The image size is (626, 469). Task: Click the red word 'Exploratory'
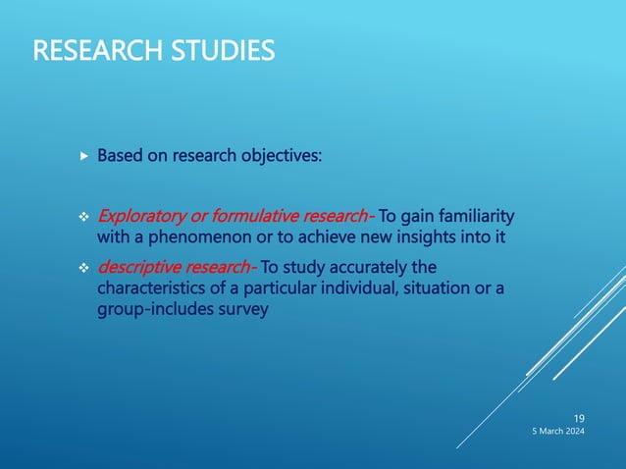(x=138, y=216)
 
